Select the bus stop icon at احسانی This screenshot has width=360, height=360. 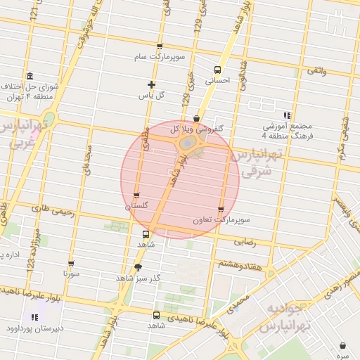coord(217,70)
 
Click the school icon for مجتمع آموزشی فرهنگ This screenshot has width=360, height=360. coord(287,115)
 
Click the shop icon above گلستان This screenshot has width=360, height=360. coord(136,196)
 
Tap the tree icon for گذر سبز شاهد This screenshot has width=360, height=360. coord(138,267)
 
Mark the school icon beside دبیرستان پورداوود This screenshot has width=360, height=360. coord(35,318)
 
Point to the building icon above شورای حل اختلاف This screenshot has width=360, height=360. coord(30,76)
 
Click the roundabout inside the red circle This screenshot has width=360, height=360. coord(188,143)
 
